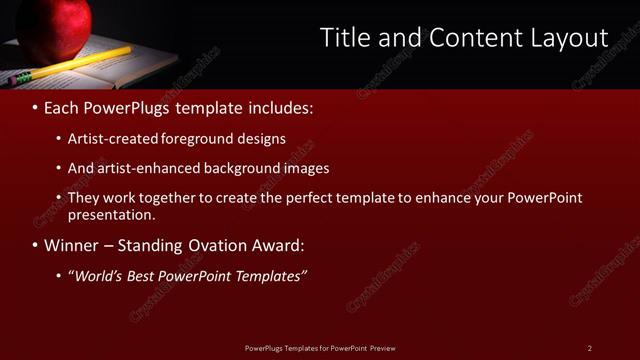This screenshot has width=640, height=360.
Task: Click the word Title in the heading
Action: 343,38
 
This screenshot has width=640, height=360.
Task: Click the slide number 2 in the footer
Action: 590,347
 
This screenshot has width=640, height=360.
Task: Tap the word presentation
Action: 111,214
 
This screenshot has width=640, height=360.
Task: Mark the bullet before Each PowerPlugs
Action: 36,106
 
